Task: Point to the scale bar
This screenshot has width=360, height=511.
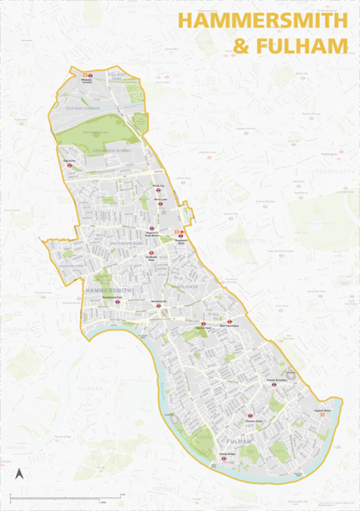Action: tap(68, 496)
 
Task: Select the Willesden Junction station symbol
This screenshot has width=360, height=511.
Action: tap(88, 75)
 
